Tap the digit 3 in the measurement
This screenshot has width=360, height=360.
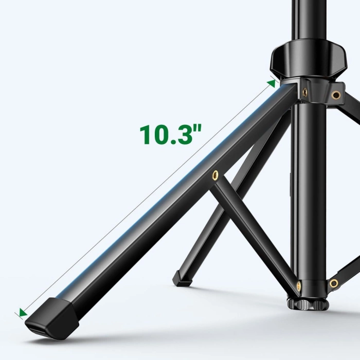[183, 135]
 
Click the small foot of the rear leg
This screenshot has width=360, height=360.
[181, 278]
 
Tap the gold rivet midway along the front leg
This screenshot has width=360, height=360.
[214, 175]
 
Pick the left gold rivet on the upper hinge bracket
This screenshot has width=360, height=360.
[305, 91]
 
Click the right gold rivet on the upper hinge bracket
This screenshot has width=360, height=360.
[336, 95]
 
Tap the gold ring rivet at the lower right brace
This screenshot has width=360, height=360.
[334, 283]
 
